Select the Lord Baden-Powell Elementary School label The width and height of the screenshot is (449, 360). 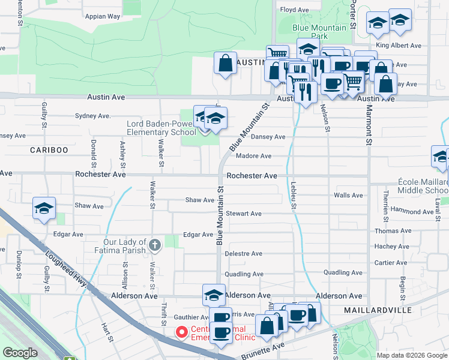(161, 128)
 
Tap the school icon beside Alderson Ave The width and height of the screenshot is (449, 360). (214, 294)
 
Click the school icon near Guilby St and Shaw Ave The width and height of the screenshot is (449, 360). (44, 208)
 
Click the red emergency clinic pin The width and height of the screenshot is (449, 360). (181, 332)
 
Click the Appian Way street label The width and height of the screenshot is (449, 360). (102, 17)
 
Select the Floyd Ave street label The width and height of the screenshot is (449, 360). (294, 10)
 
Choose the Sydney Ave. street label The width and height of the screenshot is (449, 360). (92, 116)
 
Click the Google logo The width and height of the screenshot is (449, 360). (20, 353)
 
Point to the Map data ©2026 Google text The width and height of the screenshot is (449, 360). (412, 355)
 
